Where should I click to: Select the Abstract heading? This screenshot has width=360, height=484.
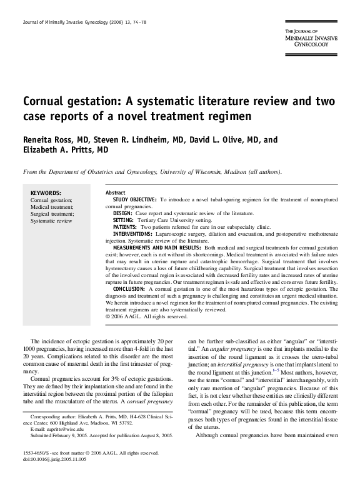click(x=116, y=192)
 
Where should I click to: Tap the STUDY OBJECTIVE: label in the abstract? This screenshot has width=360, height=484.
click(x=134, y=199)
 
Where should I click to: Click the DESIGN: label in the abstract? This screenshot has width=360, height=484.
click(x=122, y=213)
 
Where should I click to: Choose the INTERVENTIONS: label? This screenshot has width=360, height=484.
click(x=132, y=233)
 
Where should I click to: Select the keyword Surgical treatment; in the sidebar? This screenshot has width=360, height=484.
click(x=52, y=214)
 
